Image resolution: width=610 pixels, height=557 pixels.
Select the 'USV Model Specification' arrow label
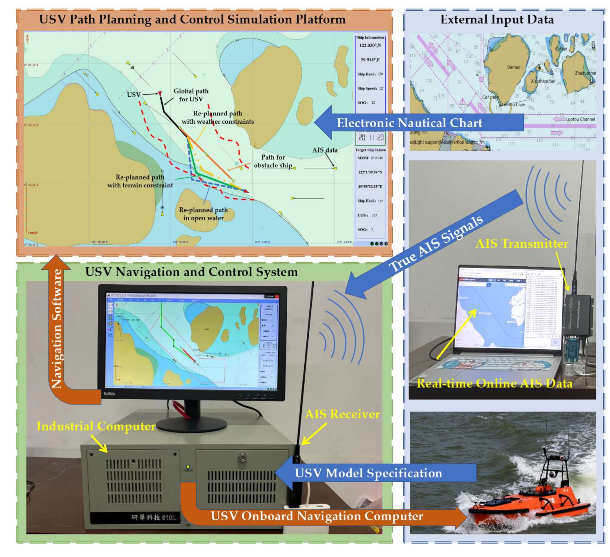click(x=368, y=473)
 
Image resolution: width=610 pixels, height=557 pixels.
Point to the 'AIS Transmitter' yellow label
click(x=522, y=244)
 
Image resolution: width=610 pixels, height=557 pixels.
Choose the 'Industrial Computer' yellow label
click(x=96, y=426)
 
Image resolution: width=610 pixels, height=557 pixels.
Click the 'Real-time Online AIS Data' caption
click(x=494, y=383)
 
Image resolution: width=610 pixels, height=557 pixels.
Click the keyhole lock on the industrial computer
click(x=242, y=457)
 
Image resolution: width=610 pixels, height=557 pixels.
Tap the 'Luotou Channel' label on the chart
click(x=580, y=119)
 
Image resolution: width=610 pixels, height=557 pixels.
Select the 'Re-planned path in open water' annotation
click(x=203, y=214)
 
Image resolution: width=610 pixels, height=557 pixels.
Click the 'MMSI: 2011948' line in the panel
click(x=370, y=158)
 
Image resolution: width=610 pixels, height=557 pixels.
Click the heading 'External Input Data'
click(x=497, y=20)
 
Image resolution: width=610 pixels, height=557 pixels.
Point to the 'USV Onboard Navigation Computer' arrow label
click(x=317, y=516)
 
